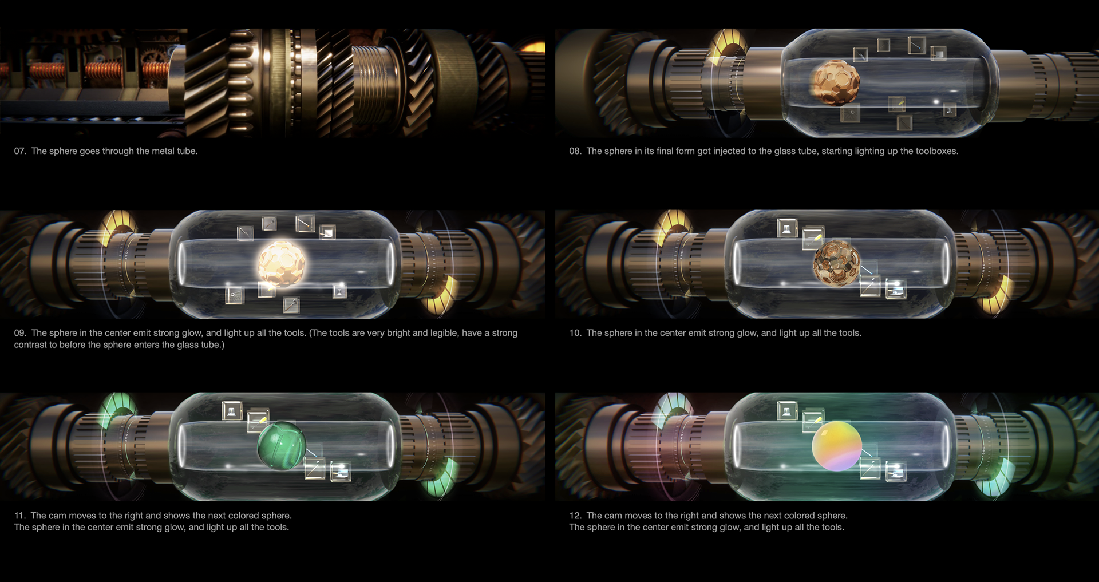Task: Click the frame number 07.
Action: [20, 151]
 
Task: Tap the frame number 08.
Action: [575, 151]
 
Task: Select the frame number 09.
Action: [20, 333]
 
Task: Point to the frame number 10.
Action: [575, 333]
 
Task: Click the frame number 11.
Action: [19, 516]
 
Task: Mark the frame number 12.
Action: [575, 516]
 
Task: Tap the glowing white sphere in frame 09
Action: [281, 264]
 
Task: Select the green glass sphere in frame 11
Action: [282, 445]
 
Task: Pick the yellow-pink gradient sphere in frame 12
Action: [837, 446]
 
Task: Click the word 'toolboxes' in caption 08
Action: [935, 151]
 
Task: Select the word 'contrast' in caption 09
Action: [30, 345]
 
